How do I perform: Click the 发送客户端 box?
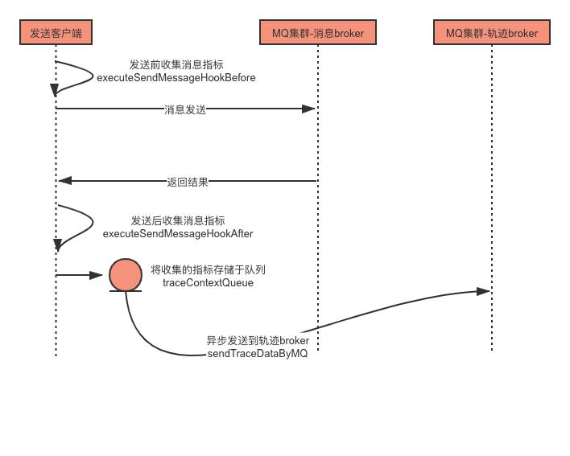click(x=56, y=34)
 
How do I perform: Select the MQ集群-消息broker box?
click(x=318, y=34)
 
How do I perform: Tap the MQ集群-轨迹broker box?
click(x=491, y=34)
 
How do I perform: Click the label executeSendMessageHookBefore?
click(x=176, y=78)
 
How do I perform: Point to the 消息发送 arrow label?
click(x=184, y=109)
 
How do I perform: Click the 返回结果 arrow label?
click(x=187, y=182)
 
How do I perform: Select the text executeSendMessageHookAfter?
click(x=178, y=233)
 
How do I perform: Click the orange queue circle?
click(x=126, y=275)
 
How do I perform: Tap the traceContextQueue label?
click(x=208, y=283)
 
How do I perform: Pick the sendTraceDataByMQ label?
click(x=258, y=354)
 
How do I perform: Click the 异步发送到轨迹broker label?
click(x=258, y=341)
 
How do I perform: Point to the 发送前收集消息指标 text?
click(x=176, y=65)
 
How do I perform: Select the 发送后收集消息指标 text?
click(x=178, y=220)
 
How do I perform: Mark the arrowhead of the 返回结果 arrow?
click(x=64, y=181)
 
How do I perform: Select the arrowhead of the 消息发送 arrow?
click(x=310, y=109)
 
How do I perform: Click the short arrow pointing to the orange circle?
click(x=81, y=275)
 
